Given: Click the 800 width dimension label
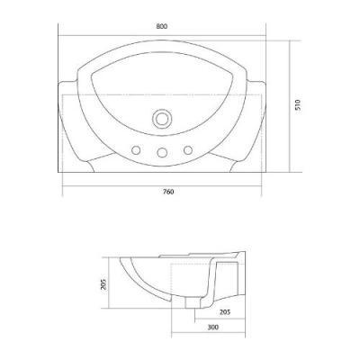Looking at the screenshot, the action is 162,26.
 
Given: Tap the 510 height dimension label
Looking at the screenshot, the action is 297,104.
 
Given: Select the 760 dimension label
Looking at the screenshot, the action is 168,192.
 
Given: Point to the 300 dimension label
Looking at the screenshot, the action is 212,327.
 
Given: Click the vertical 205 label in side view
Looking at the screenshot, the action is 103,284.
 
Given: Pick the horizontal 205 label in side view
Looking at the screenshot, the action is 225,312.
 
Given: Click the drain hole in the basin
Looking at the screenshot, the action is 162,119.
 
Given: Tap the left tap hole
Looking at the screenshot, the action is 137,150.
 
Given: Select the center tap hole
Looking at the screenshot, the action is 162,152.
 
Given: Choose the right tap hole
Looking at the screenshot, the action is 188,150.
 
